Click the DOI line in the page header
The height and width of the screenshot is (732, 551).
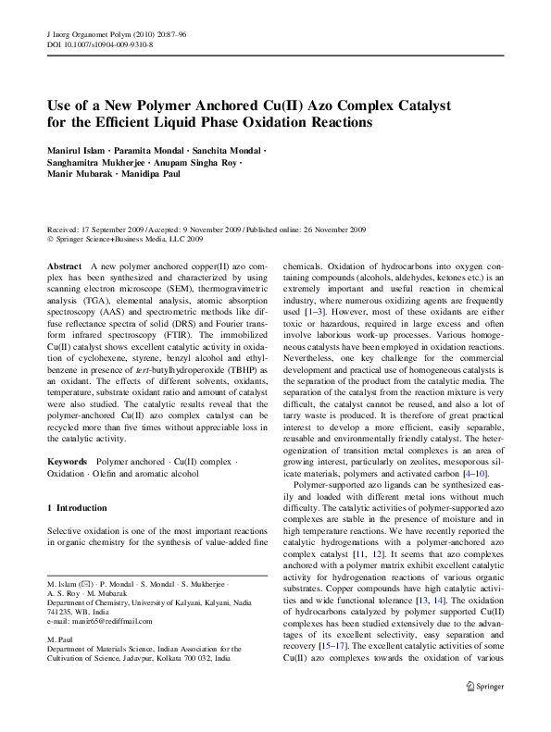click(100, 43)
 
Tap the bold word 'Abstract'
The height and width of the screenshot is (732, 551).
click(64, 266)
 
